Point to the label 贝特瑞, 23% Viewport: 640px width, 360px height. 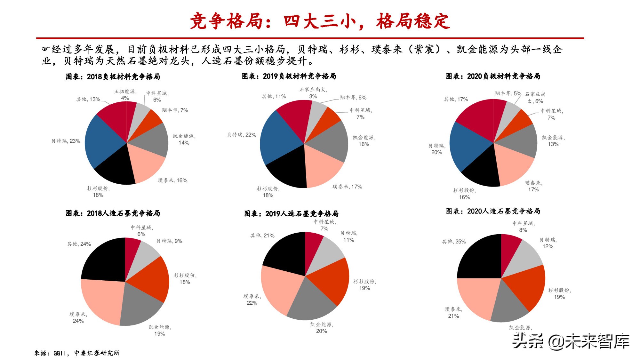[x=66, y=141]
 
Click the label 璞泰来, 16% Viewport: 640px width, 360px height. [x=172, y=180]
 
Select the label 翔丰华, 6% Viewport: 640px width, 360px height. [x=353, y=98]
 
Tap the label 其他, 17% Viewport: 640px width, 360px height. [x=456, y=99]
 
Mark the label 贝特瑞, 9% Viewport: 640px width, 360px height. [x=169, y=241]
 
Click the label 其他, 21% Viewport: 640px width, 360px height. [x=262, y=236]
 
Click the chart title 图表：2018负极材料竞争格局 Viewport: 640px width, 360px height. [x=113, y=76]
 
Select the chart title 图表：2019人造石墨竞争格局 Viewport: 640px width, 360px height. [x=291, y=213]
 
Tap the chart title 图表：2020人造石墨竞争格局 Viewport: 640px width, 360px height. [x=493, y=211]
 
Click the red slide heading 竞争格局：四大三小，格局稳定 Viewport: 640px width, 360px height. [x=320, y=21]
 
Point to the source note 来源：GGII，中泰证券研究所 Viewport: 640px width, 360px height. [x=77, y=353]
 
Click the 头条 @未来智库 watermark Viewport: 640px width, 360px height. [x=571, y=341]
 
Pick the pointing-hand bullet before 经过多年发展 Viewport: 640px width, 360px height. [x=46, y=49]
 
